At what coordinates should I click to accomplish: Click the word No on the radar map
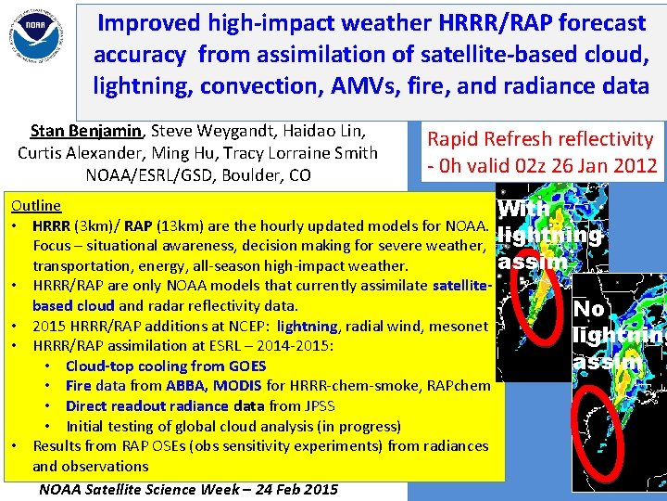coord(590,308)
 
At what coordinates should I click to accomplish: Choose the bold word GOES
coord(246,366)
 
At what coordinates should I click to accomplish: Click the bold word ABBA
coord(188,386)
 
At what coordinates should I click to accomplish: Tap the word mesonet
coord(459,326)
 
